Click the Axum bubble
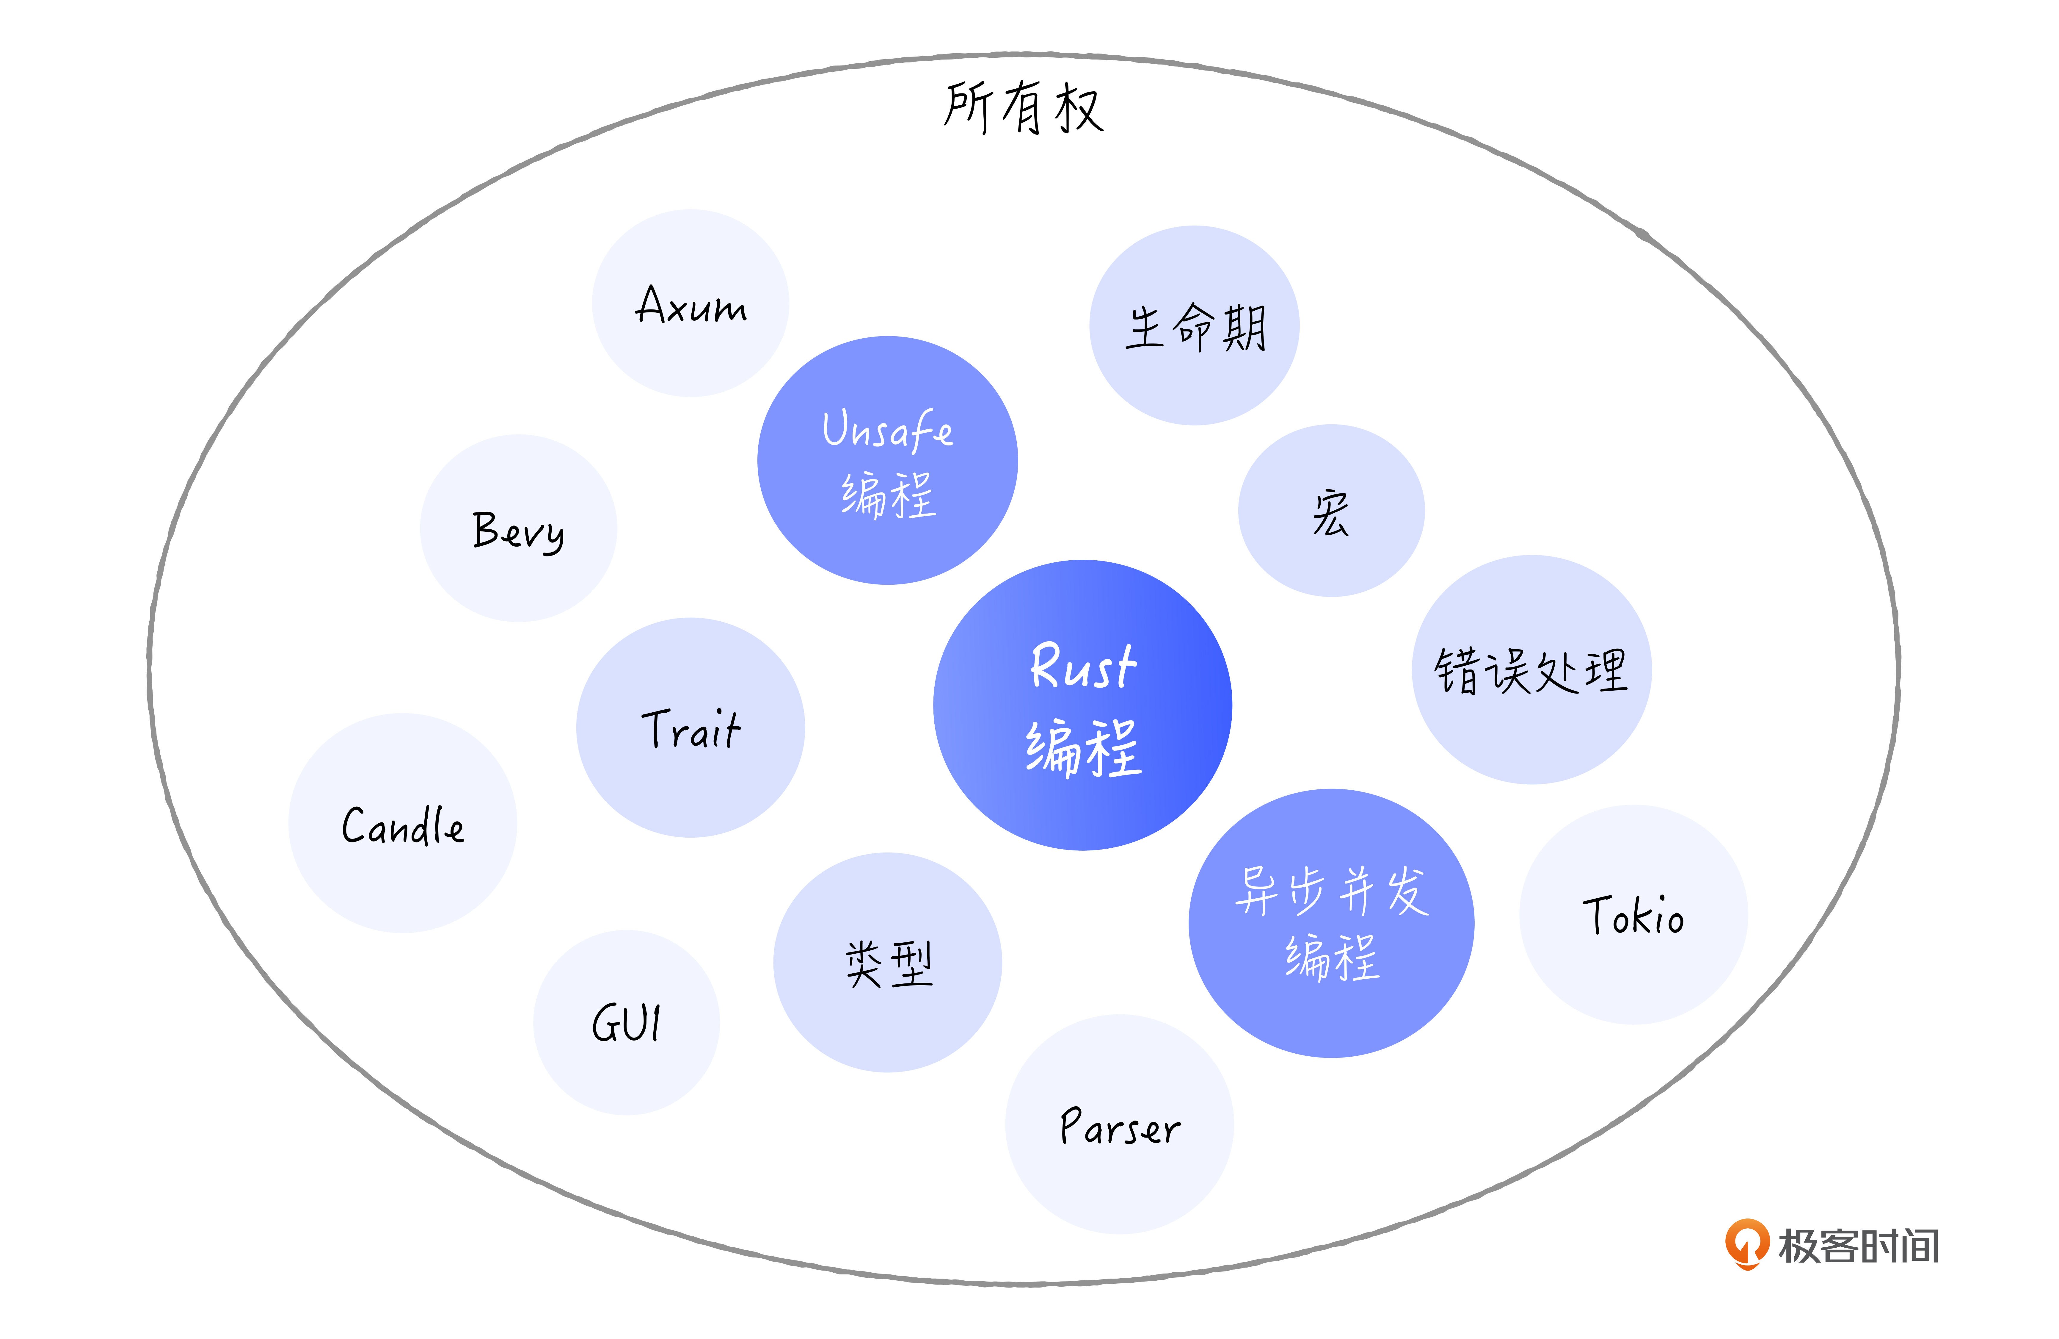click(690, 303)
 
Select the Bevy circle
click(518, 528)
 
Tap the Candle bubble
click(402, 823)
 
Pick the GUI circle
click(626, 1022)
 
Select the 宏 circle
click(1331, 511)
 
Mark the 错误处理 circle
click(1531, 670)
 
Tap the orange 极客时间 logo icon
click(1747, 1243)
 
